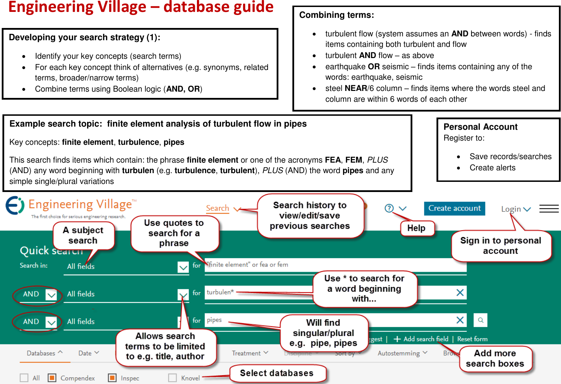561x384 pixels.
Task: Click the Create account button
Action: (454, 208)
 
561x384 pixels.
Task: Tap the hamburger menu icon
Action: (549, 209)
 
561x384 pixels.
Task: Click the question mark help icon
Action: (389, 208)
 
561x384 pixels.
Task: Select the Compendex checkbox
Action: (52, 378)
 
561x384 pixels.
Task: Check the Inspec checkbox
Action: (112, 378)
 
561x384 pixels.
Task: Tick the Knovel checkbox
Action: (172, 378)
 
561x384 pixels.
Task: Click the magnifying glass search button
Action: (481, 320)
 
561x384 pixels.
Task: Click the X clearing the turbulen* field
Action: (460, 293)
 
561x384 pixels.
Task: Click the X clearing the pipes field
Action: (460, 320)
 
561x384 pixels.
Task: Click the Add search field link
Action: (421, 339)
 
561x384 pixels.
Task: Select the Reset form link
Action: (472, 339)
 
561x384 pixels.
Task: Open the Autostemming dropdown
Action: (402, 353)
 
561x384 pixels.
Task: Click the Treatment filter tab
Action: (250, 353)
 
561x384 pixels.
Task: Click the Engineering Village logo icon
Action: (15, 205)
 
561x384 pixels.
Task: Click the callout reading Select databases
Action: (277, 373)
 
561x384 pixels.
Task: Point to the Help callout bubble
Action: (417, 228)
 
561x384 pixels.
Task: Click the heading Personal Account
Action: (480, 127)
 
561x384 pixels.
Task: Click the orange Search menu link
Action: (218, 208)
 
